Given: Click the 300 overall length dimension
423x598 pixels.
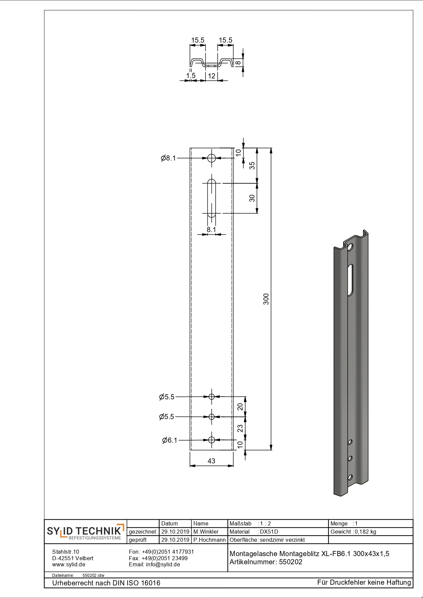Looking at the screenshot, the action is pyautogui.click(x=266, y=299).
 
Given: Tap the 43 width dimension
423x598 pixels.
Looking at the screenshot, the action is pyautogui.click(x=211, y=461).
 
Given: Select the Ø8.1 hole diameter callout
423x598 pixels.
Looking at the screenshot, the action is pyautogui.click(x=168, y=158).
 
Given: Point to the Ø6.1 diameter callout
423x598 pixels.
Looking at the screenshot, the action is pyautogui.click(x=170, y=440).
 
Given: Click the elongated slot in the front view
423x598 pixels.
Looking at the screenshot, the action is pyautogui.click(x=211, y=198).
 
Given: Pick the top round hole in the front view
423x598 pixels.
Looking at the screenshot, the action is pyautogui.click(x=211, y=158).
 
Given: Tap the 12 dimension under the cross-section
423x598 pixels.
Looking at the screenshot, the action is pyautogui.click(x=211, y=76).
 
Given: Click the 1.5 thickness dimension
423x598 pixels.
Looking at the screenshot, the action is pyautogui.click(x=191, y=76).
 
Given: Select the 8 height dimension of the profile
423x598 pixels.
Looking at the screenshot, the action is pyautogui.click(x=238, y=62).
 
